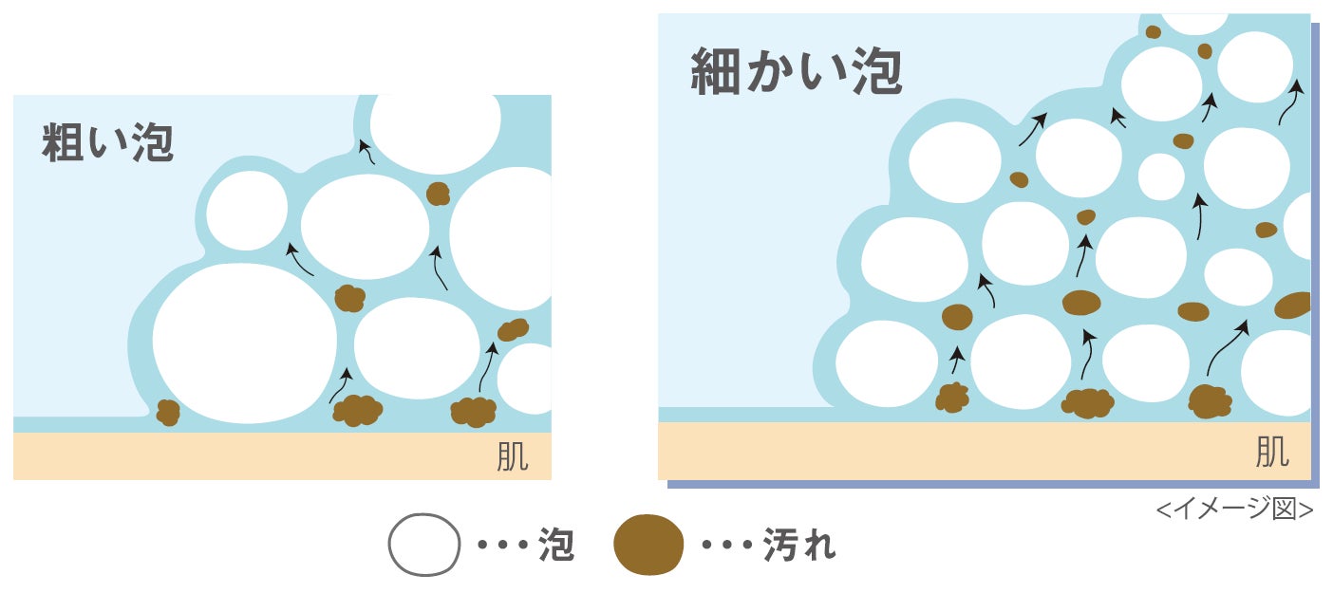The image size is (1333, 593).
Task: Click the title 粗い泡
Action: point(107,143)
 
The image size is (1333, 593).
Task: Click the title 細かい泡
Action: point(796,72)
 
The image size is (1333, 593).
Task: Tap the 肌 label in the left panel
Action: point(512,457)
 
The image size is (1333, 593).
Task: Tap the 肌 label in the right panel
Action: point(1272,453)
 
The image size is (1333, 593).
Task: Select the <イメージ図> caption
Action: point(1234,510)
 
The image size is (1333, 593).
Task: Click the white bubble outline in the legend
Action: point(423,545)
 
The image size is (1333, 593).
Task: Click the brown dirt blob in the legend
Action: point(648,545)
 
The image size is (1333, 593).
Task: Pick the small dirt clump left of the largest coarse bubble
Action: point(168,413)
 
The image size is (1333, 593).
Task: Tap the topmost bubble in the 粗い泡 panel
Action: point(435,120)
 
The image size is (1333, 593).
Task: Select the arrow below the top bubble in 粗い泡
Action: point(366,152)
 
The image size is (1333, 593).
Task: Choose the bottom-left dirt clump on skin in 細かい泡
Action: point(952,398)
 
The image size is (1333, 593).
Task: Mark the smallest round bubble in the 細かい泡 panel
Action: point(1161,176)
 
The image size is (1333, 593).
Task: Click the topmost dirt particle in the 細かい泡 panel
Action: point(1153,32)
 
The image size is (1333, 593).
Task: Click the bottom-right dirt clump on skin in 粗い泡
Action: point(473,412)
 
